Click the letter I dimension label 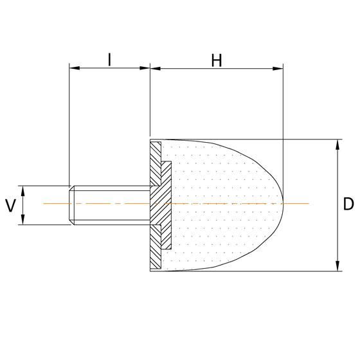110,60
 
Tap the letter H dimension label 217,60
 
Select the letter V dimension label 10,206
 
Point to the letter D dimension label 348,205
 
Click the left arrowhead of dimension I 73,67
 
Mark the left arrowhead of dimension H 154,67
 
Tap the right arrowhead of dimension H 279,67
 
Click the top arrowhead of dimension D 337,143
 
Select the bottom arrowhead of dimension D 337,267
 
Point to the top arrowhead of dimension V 22,190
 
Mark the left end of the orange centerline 44,203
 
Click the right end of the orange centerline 309,203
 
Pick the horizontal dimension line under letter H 217,67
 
